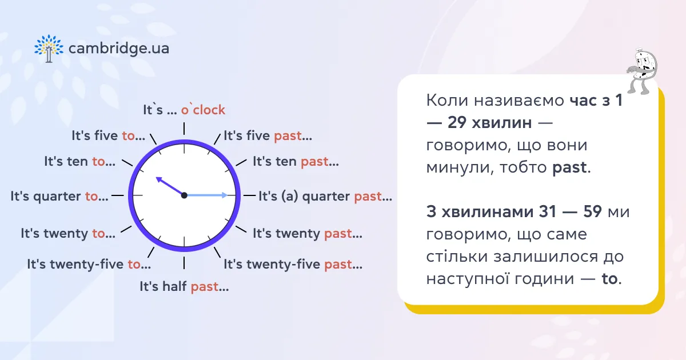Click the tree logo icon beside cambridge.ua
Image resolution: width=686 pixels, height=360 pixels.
point(49,49)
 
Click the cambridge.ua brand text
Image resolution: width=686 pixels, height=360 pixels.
point(119,49)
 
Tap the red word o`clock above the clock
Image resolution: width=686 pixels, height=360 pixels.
point(203,110)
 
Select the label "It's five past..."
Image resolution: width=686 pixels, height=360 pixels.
point(268,135)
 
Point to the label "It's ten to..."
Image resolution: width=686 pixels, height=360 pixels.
point(79,161)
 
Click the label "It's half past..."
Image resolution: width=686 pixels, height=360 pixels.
point(184,287)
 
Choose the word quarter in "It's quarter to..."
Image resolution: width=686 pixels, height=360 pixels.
point(57,197)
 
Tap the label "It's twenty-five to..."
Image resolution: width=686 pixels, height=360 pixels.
point(89,264)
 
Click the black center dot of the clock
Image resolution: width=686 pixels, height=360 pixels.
point(184,195)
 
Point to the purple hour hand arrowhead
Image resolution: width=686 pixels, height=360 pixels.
point(159,179)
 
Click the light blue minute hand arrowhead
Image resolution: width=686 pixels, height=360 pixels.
point(225,195)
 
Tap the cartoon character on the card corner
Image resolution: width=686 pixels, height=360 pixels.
point(642,72)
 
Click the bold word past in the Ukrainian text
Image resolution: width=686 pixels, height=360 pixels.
point(569,167)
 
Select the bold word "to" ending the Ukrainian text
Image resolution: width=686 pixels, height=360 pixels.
point(609,279)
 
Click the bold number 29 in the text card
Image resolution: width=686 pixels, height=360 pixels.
point(457,123)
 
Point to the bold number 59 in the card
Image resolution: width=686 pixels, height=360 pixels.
point(592,211)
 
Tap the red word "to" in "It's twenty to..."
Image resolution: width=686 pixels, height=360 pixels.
point(98,234)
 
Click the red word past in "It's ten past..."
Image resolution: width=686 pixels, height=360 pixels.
point(314,162)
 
